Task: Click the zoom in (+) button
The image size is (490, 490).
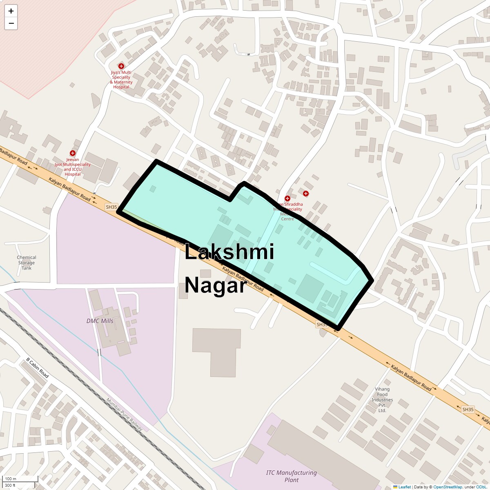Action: [x=11, y=11]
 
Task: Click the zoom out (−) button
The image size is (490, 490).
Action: [x=11, y=23]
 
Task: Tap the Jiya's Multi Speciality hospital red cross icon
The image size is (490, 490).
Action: [x=121, y=66]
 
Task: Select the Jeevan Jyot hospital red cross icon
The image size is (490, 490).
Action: [x=73, y=153]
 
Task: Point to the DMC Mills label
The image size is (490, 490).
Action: [x=100, y=321]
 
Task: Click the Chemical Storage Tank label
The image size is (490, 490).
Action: [x=27, y=263]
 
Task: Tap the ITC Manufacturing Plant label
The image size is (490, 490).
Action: [x=291, y=476]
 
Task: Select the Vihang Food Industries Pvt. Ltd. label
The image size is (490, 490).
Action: [x=382, y=400]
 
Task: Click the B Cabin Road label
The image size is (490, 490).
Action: [x=38, y=368]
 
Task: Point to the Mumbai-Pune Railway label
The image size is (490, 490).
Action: [x=125, y=414]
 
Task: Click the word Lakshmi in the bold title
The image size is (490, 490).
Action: [x=229, y=252]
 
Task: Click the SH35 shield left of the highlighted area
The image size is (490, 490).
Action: [x=111, y=207]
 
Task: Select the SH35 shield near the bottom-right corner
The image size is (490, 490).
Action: [x=468, y=409]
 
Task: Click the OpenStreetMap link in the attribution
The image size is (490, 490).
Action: [x=448, y=487]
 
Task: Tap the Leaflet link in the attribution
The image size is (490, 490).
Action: [x=404, y=487]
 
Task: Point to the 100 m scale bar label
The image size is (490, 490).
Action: [x=11, y=479]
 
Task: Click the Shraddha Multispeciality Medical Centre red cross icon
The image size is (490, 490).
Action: [x=287, y=198]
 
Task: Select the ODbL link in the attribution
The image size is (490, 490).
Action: [x=481, y=487]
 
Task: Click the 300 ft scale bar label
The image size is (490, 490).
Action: [x=10, y=486]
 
